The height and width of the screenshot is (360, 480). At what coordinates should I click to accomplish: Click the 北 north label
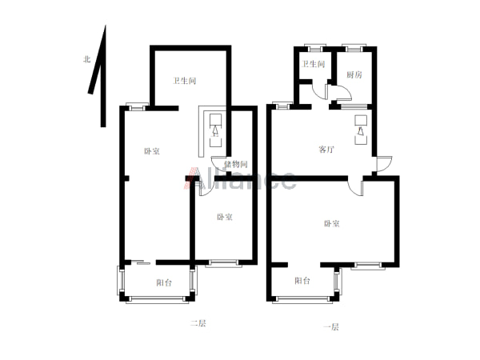[87, 59]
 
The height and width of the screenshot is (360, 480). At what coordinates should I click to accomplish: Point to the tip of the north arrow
[106, 26]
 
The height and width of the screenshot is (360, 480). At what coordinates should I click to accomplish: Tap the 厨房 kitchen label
[354, 74]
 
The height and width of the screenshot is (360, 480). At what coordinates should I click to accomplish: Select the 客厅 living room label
[326, 150]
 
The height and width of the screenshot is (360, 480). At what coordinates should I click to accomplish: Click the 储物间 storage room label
[236, 164]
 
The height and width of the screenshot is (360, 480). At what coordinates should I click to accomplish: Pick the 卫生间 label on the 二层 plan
[184, 81]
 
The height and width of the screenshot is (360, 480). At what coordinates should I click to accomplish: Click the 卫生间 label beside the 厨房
[313, 64]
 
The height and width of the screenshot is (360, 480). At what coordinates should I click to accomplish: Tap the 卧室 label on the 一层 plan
[332, 224]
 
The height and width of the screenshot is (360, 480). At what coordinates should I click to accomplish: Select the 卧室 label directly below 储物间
[225, 217]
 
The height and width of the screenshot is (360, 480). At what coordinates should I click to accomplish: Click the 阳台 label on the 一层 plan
[302, 281]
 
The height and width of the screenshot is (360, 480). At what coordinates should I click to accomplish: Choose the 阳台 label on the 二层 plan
[164, 282]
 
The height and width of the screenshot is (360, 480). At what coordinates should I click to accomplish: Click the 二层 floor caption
[198, 323]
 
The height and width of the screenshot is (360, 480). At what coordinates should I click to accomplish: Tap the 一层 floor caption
[331, 327]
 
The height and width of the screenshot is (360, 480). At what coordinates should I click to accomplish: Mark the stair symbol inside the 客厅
[361, 130]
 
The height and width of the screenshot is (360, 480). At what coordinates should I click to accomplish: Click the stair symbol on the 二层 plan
[215, 130]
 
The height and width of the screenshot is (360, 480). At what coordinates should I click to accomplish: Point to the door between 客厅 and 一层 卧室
[354, 189]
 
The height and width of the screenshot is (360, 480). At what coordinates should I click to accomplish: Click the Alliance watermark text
[240, 178]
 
